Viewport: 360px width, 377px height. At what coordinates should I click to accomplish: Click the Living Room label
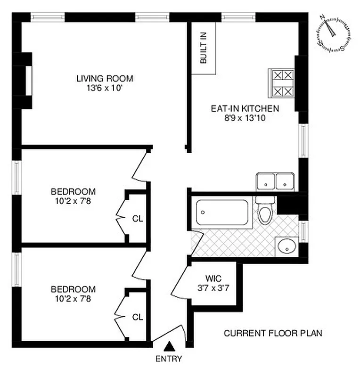click(105, 78)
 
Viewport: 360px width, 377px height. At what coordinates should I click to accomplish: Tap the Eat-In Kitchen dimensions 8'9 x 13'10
click(245, 118)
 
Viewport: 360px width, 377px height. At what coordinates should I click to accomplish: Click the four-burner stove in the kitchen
click(281, 83)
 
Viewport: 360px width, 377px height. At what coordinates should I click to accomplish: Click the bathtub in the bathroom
click(222, 212)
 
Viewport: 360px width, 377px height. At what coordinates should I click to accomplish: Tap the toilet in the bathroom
click(265, 213)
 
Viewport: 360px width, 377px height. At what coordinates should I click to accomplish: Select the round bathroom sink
click(286, 246)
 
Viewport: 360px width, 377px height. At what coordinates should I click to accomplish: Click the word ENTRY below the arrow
click(169, 359)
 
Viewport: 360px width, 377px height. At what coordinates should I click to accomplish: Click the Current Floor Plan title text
click(273, 333)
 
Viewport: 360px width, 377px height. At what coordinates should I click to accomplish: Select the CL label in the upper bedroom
click(137, 219)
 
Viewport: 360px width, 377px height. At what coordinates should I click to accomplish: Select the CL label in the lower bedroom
click(137, 317)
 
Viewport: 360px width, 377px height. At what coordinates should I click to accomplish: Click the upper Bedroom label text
click(73, 191)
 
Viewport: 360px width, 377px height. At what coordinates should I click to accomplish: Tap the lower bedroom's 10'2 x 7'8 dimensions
click(73, 298)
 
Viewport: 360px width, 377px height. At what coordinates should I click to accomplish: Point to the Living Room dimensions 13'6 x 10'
click(105, 88)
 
